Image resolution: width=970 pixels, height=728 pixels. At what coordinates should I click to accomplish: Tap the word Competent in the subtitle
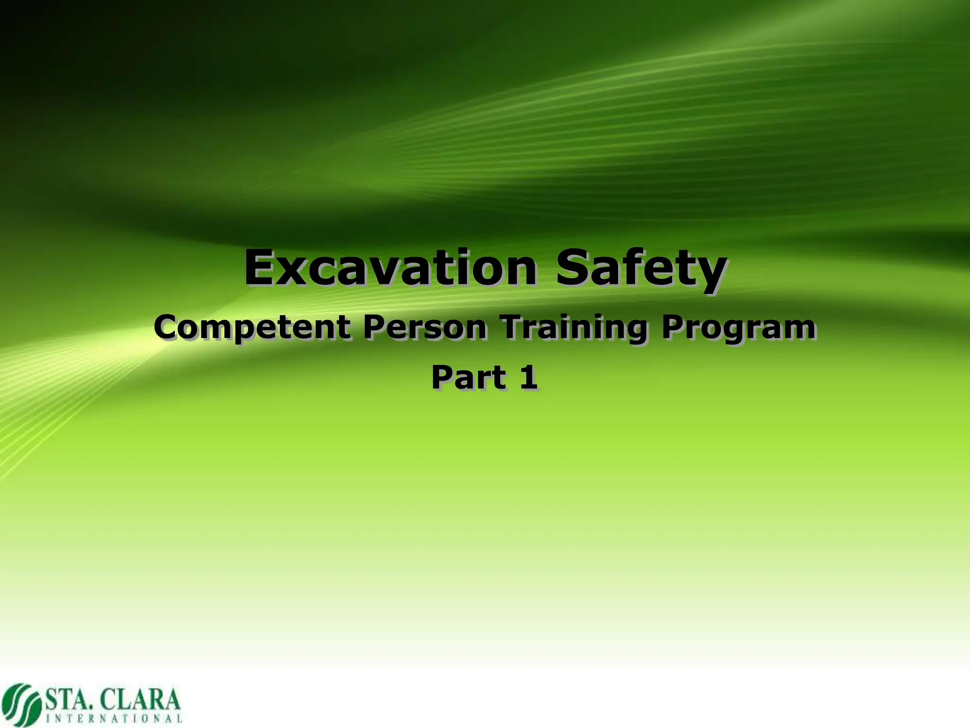tap(252, 328)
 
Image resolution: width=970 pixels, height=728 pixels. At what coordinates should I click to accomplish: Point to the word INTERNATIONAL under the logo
tap(114, 719)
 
